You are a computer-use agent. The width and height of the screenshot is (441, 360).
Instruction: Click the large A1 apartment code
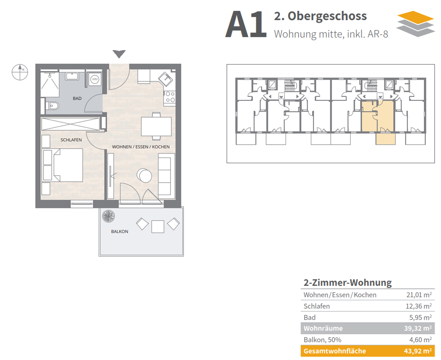tap(246, 25)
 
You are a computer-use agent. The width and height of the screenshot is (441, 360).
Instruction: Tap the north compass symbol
tap(19, 72)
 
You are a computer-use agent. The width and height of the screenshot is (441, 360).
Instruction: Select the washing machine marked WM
tap(94, 79)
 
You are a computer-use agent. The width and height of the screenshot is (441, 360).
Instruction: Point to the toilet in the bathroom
tap(52, 105)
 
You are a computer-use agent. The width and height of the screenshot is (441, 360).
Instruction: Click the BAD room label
tap(77, 99)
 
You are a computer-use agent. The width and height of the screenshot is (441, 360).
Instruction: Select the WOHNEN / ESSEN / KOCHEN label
tap(141, 147)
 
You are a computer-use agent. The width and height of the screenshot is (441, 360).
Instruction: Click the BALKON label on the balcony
tap(119, 231)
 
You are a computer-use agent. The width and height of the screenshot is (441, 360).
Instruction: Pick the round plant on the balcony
tap(108, 217)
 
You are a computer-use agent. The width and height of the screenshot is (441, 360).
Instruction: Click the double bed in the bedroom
tap(63, 165)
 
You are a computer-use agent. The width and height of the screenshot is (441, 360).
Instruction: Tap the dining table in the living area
tap(156, 126)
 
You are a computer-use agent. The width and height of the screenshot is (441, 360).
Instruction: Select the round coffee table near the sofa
tap(144, 175)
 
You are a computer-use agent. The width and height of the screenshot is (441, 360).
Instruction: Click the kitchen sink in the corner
tap(166, 79)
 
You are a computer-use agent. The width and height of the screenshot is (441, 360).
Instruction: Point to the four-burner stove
tap(169, 97)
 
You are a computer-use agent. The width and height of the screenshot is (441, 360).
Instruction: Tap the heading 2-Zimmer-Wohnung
tap(348, 283)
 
